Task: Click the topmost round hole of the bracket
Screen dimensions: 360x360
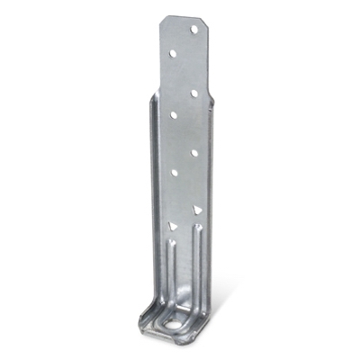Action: pyautogui.click(x=193, y=30)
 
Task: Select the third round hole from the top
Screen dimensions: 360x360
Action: pyautogui.click(x=193, y=92)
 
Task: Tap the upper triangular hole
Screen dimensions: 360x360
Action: pyautogui.click(x=194, y=210)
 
